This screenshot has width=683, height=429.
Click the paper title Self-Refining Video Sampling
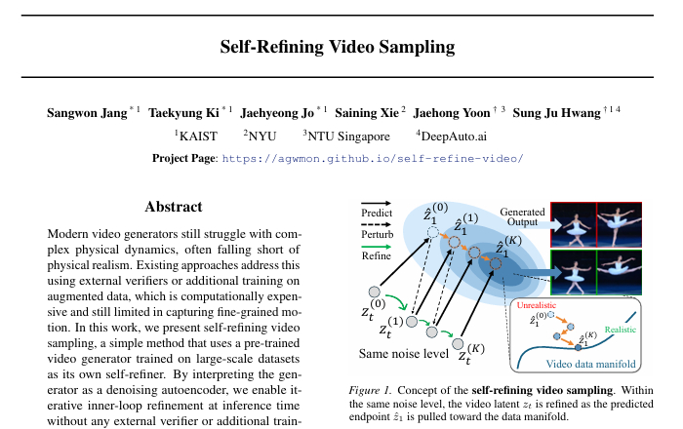point(338,47)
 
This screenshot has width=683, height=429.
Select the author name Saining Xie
point(367,113)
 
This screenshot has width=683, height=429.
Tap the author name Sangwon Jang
point(87,113)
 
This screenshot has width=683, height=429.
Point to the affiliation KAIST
point(198,136)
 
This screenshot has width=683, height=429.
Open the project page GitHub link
point(373,158)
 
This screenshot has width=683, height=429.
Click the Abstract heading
point(174,207)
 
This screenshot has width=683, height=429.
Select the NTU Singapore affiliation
point(348,136)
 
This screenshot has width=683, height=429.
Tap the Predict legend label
point(377,213)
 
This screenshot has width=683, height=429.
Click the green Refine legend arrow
point(377,247)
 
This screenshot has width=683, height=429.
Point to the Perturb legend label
point(378,235)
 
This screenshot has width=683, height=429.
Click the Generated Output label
point(522,216)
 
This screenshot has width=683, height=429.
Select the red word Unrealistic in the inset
point(537,305)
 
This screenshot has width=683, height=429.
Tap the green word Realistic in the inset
point(621,330)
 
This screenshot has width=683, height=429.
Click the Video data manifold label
point(590,364)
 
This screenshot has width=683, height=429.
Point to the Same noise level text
point(404,353)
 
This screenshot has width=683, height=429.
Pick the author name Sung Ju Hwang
point(556,113)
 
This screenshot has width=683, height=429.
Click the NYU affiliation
point(262,136)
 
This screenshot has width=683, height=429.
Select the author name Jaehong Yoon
point(452,113)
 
